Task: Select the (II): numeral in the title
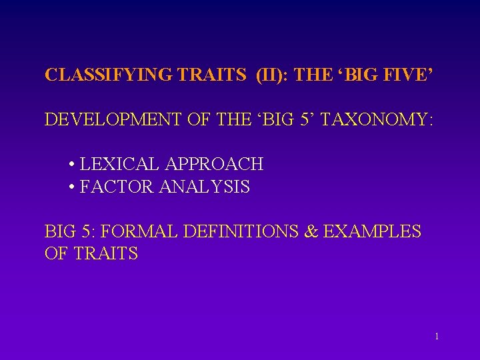272,75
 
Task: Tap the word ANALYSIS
205,187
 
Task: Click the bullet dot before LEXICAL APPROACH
71,165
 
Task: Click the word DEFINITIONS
245,232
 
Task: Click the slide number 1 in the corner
437,337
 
